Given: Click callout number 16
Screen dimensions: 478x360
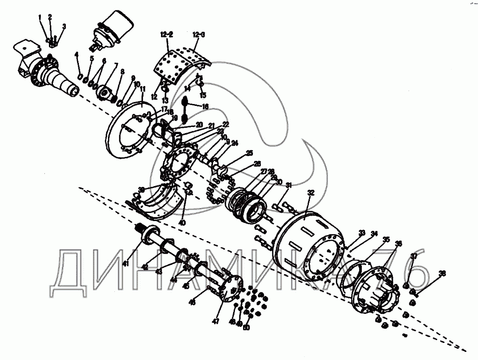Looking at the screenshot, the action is click(x=205, y=107).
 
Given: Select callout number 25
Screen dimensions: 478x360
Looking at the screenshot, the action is click(x=249, y=153).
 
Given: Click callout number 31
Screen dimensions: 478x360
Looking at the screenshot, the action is click(x=288, y=185).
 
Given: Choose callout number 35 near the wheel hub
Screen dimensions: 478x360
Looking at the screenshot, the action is click(x=386, y=239).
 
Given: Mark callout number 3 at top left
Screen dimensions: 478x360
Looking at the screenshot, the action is click(x=64, y=27).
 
